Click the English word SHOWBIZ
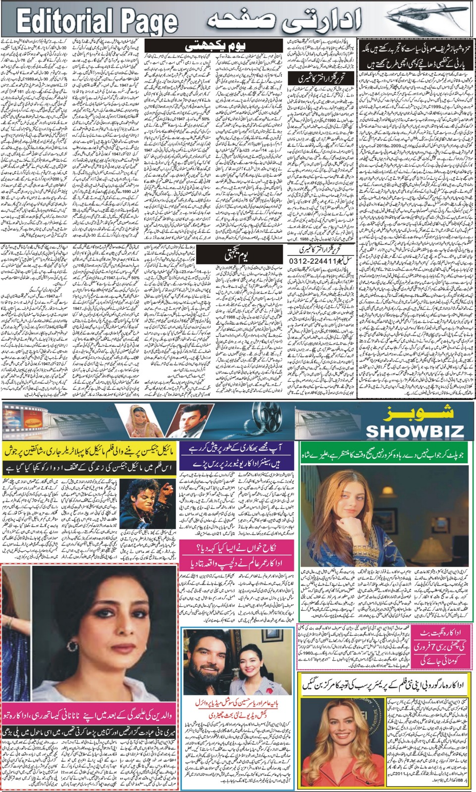tap(415, 430)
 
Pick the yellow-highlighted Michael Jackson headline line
tap(89, 451)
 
